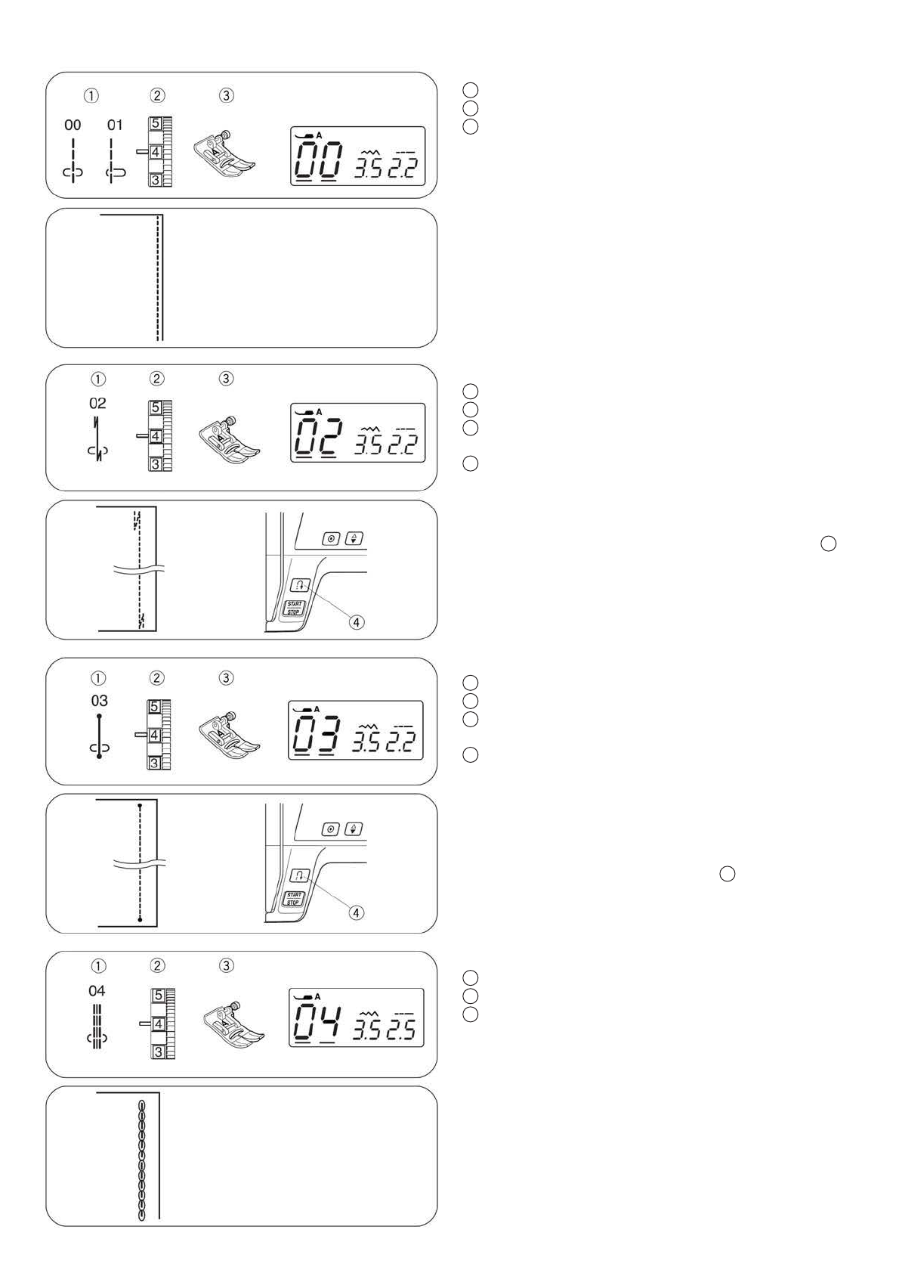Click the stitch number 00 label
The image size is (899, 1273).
(73, 125)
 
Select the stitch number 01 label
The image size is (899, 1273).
(114, 125)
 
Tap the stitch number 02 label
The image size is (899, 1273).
(97, 404)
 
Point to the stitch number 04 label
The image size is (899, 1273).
(97, 991)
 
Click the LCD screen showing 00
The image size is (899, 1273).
(357, 156)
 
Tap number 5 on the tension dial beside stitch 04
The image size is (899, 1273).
(158, 996)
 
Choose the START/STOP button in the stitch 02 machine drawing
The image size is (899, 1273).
(294, 608)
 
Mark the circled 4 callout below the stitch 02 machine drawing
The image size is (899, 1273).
(357, 622)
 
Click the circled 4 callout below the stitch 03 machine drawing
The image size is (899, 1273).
(356, 912)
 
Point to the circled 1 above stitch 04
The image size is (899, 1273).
(98, 966)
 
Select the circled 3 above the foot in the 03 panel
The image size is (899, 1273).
(226, 678)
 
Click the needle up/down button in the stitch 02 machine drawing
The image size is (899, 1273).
(354, 539)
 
